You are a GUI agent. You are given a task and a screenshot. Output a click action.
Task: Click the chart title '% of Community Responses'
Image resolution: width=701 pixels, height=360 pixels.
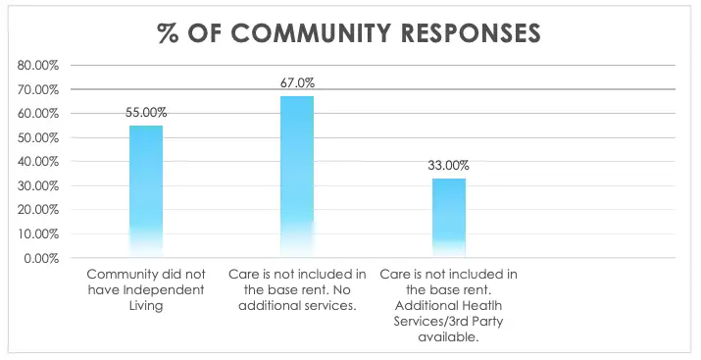click(349, 31)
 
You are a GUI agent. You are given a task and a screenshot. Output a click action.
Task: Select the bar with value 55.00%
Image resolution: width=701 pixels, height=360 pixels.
click(146, 191)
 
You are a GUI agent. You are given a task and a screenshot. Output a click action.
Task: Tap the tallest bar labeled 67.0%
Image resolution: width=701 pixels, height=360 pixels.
click(297, 177)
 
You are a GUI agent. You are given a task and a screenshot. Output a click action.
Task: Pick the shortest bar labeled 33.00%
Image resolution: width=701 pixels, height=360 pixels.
click(449, 218)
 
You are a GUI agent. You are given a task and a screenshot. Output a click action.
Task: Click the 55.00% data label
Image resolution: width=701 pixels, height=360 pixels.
click(146, 114)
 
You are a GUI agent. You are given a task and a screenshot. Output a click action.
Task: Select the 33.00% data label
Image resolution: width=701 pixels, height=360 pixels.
click(449, 166)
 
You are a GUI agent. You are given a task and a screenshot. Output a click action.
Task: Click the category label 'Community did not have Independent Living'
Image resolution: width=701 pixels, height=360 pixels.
click(145, 290)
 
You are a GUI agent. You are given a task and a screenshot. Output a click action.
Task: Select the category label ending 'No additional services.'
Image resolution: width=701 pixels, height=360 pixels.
click(297, 290)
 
